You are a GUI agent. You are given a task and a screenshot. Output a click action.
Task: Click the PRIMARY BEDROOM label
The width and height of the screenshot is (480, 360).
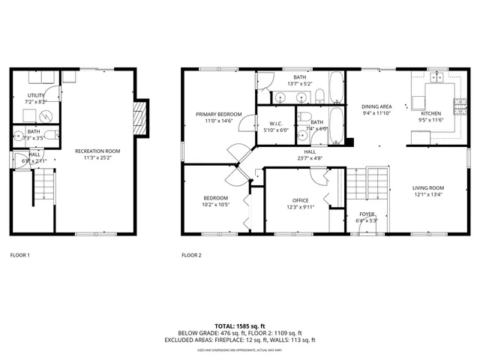pyautogui.click(x=219, y=114)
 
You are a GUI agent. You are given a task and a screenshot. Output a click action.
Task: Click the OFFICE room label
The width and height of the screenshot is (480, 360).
pyautogui.click(x=301, y=200)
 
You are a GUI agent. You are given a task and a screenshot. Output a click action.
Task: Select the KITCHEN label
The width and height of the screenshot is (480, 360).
pyautogui.click(x=431, y=113)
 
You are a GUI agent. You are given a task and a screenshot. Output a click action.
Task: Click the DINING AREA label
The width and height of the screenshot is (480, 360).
pyautogui.click(x=376, y=106)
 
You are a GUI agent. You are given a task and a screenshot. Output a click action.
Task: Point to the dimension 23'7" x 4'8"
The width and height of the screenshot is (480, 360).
pyautogui.click(x=309, y=158)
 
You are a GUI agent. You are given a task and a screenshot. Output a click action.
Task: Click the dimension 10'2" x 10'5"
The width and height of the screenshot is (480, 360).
pyautogui.click(x=215, y=205)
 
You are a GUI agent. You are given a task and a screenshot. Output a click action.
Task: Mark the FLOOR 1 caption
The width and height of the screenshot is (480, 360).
pyautogui.click(x=19, y=255)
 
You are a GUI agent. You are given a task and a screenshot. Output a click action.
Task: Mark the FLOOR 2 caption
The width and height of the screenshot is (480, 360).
pyautogui.click(x=191, y=255)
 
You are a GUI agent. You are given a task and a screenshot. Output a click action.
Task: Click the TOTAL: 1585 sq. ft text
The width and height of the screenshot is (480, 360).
pyautogui.click(x=240, y=326)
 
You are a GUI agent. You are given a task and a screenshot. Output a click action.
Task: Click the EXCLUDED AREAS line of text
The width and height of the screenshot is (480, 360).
pyautogui.click(x=240, y=340)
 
